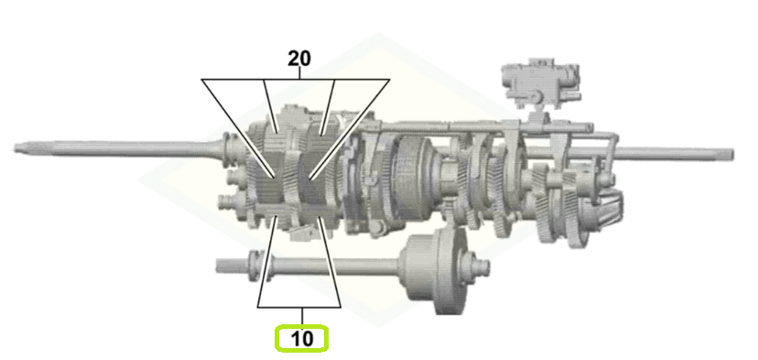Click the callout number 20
[x=299, y=59]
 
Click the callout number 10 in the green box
[x=302, y=339]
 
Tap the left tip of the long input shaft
[x=15, y=147]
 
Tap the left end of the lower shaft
[x=218, y=265]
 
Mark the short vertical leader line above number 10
[x=302, y=316]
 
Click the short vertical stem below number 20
[x=299, y=73]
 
